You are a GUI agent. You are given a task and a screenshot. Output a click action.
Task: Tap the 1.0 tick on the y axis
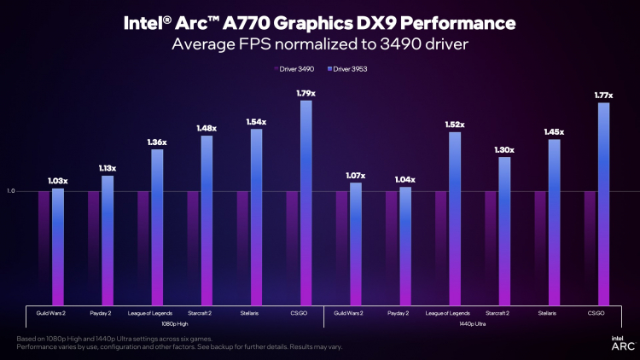(11, 191)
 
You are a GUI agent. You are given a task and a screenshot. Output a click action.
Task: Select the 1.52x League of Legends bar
(455, 218)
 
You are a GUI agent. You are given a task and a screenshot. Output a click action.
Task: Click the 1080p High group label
(175, 324)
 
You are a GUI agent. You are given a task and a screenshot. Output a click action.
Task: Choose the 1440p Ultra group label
(472, 324)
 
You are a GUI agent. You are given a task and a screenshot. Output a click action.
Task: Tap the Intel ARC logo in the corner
(620, 342)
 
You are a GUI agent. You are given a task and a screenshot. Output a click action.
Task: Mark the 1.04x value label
(405, 179)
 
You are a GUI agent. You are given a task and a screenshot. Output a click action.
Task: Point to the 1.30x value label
(504, 149)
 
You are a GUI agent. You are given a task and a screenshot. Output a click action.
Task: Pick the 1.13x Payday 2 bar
(108, 240)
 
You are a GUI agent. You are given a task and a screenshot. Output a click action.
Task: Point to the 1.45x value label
(554, 132)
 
